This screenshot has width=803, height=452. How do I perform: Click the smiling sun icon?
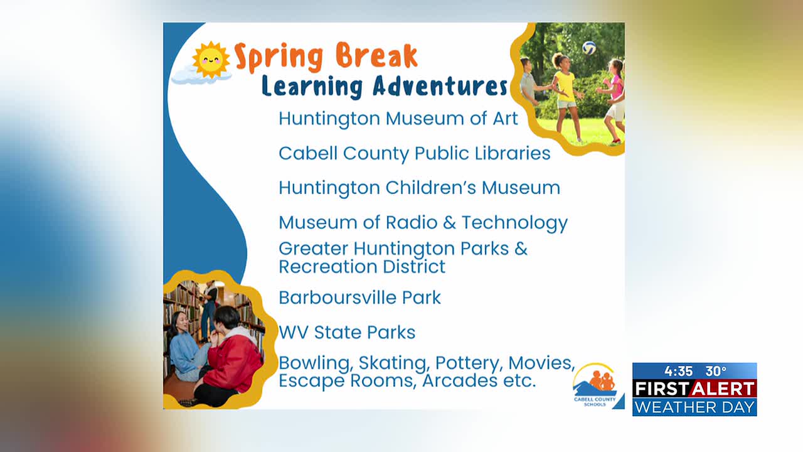211,60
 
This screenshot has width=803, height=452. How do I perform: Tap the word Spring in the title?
279,57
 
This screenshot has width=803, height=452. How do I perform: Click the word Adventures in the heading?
440,86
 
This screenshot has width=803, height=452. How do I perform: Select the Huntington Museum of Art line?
398,119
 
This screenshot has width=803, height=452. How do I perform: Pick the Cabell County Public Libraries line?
415,154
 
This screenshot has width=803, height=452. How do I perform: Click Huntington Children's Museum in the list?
420,188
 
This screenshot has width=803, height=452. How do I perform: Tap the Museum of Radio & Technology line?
423,223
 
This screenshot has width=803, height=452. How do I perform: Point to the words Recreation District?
362,267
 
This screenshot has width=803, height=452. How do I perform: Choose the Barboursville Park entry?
359,298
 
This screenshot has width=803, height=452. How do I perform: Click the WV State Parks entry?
347,332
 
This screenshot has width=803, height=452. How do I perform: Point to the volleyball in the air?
589,48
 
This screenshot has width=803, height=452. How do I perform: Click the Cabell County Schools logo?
595,385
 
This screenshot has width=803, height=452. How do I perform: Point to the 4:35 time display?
679,371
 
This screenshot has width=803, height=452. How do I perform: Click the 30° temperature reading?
716,371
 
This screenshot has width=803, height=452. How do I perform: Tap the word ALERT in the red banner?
723,389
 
